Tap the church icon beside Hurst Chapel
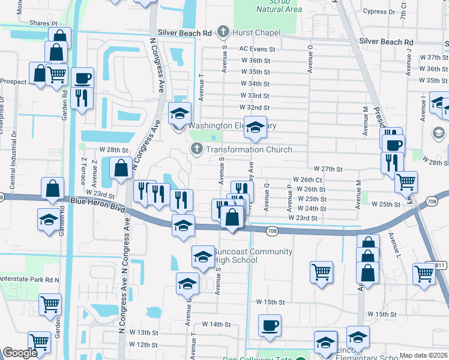click(x=224, y=31)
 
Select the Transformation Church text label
click(x=249, y=149)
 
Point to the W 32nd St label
click(x=254, y=107)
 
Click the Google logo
click(x=20, y=353)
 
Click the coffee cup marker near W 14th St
click(x=269, y=326)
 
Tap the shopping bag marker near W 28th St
click(x=121, y=167)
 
